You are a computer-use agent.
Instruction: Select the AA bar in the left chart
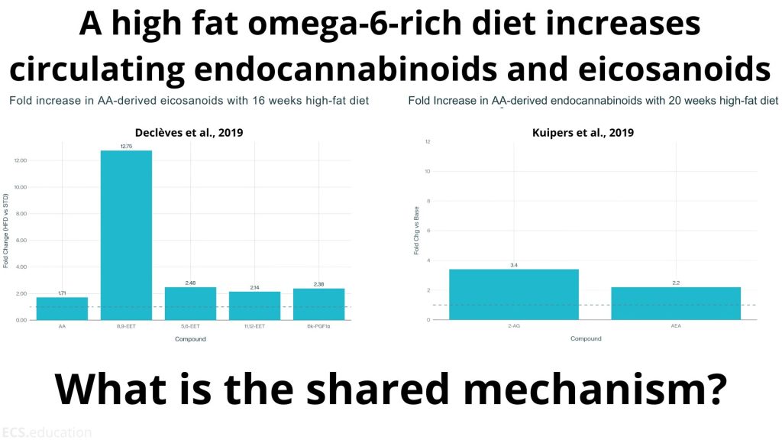pos(62,308)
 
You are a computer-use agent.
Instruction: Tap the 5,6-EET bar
pos(191,303)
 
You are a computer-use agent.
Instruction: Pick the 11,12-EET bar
pos(254,306)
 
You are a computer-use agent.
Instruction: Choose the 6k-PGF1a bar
pos(318,304)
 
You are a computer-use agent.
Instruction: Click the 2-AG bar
pos(513,294)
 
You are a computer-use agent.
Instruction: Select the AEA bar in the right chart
pos(676,303)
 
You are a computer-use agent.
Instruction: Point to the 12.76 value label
pos(126,145)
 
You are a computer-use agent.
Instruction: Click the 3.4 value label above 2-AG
pos(513,264)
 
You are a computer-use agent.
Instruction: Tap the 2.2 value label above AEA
pos(676,283)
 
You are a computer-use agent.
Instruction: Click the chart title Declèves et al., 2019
pos(189,132)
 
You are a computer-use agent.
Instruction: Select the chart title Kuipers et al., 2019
pos(583,132)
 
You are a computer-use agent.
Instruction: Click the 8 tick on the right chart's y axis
pos(428,201)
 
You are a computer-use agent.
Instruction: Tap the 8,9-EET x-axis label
pos(126,326)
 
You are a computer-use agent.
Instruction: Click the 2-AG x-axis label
pos(513,326)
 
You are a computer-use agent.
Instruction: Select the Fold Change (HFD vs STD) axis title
pos(6,231)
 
